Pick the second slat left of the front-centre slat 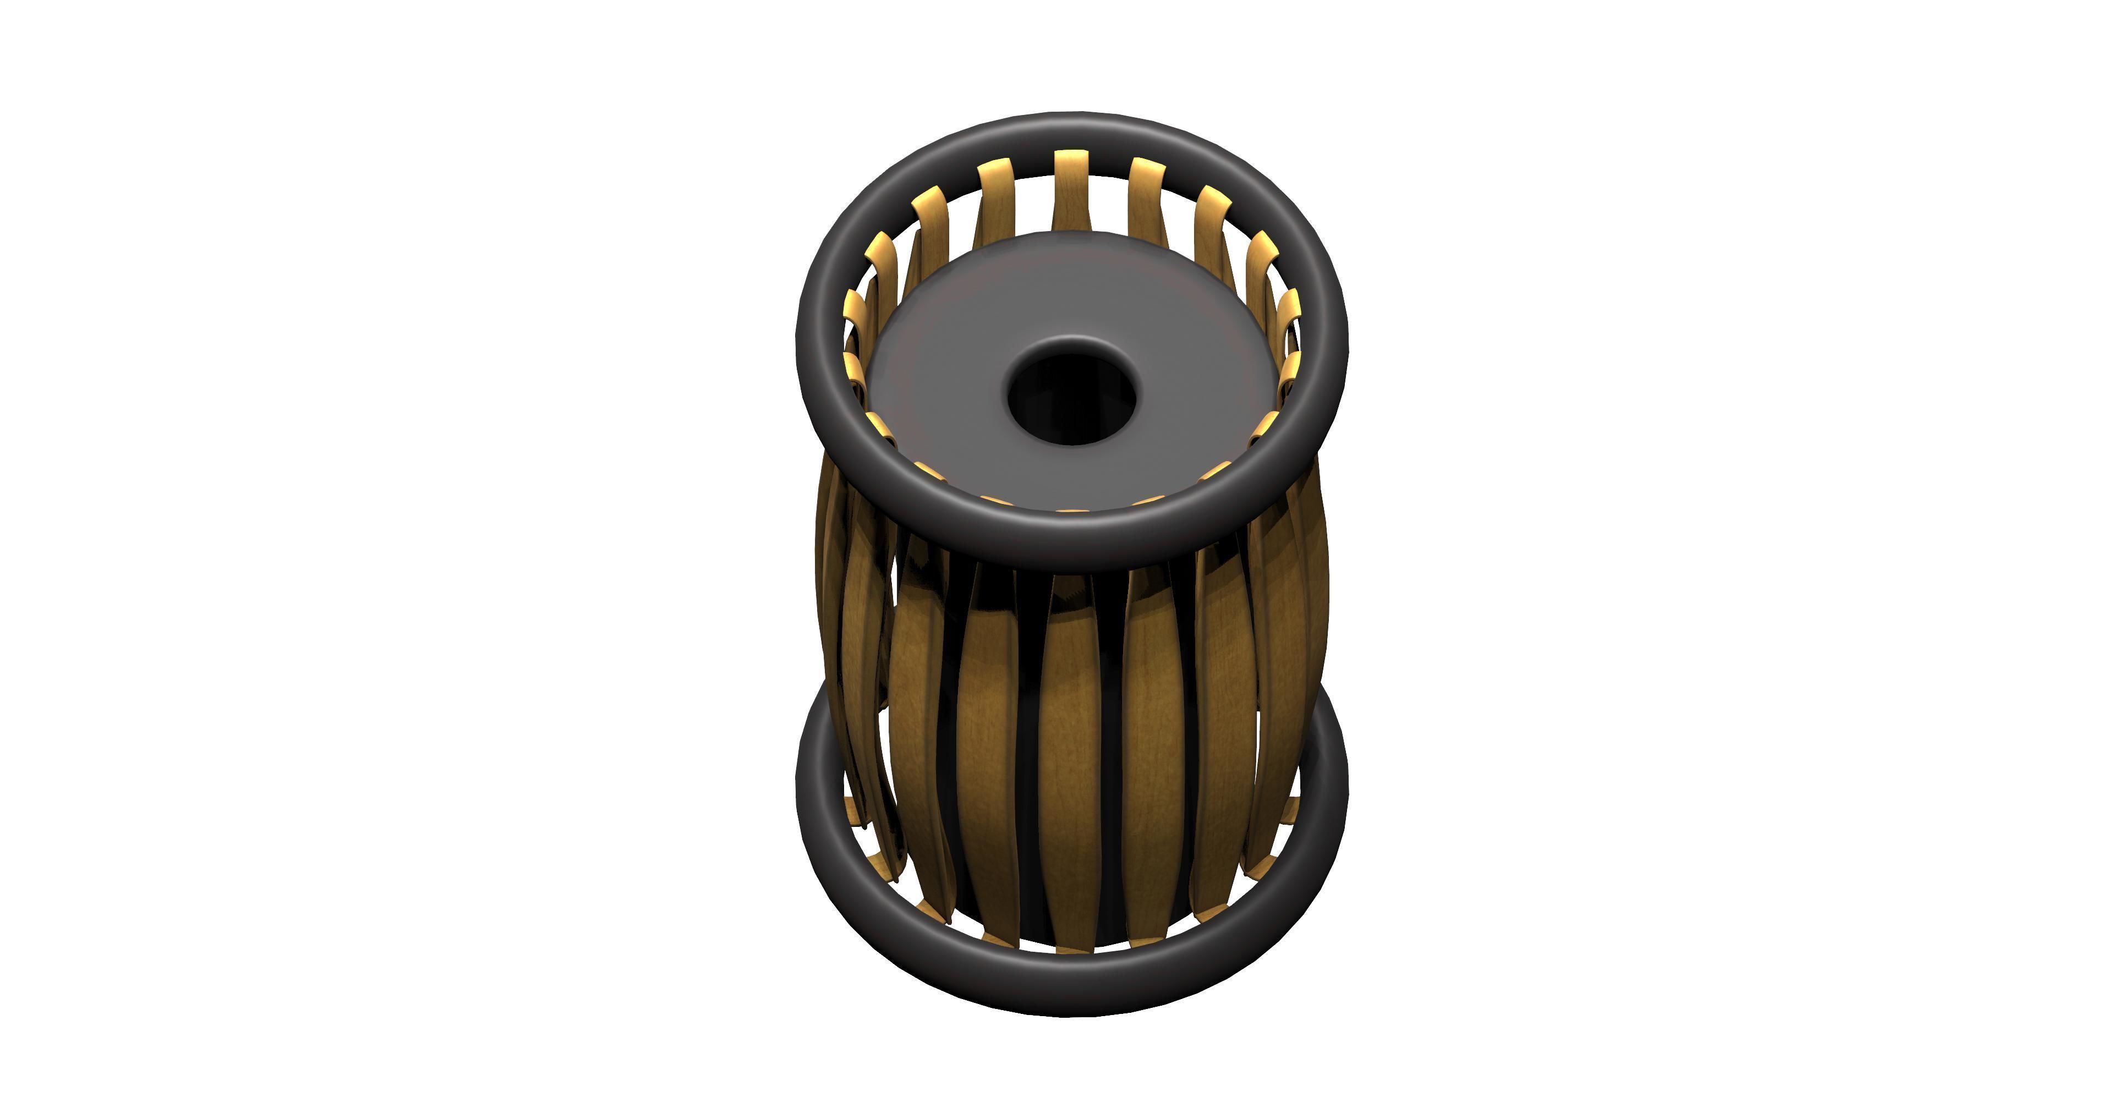[917, 722]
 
